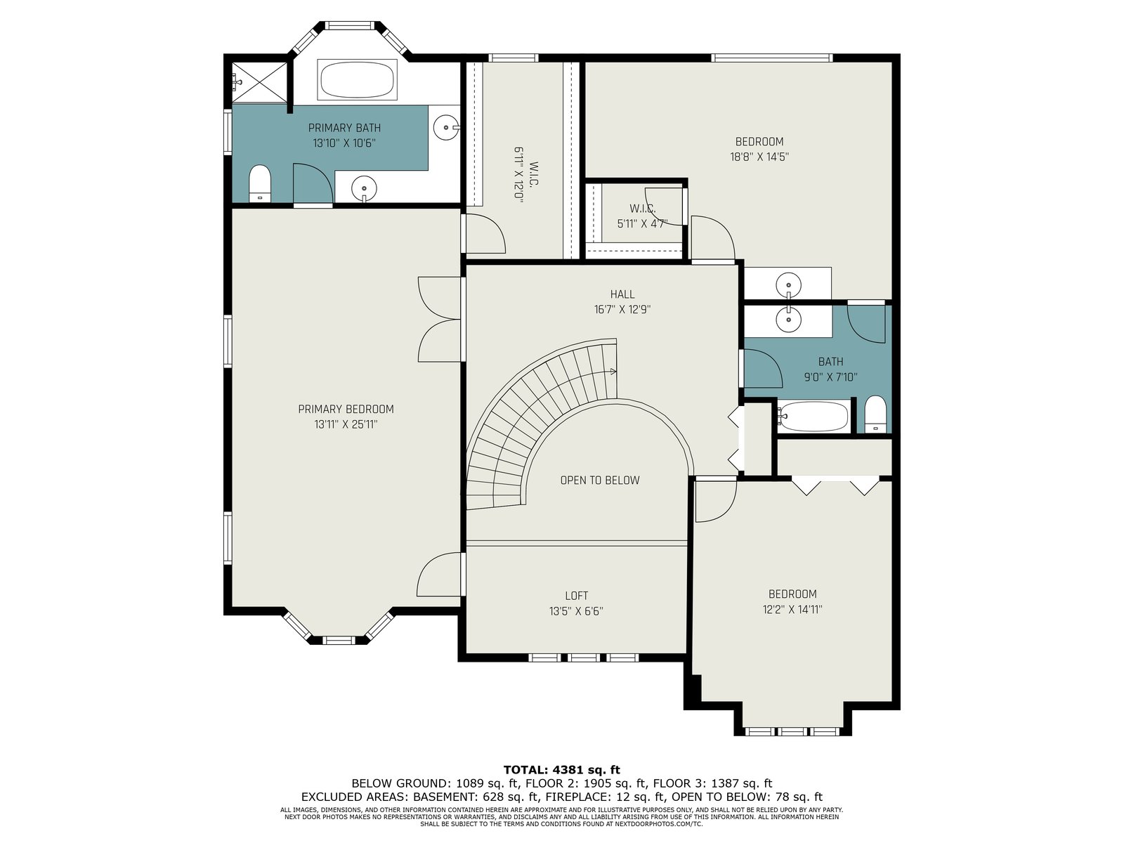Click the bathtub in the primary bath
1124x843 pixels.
click(x=357, y=79)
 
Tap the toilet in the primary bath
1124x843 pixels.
click(x=260, y=183)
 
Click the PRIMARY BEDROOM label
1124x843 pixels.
click(x=346, y=409)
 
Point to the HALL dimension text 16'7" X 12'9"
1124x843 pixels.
click(x=622, y=309)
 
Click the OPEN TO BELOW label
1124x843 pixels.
click(x=600, y=480)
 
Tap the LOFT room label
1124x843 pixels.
click(x=576, y=596)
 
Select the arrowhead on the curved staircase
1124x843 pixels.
click(x=613, y=372)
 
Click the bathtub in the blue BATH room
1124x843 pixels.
click(x=813, y=417)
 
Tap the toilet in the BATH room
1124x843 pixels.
click(x=875, y=414)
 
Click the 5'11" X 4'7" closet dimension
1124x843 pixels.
click(x=642, y=223)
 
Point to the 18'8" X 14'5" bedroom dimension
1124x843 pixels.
click(x=759, y=157)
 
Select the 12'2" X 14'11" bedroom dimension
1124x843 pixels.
click(x=792, y=609)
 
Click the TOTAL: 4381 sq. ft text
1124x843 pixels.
click(x=562, y=770)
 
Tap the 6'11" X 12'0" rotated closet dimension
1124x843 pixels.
click(x=518, y=175)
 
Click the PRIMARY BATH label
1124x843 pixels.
click(x=344, y=127)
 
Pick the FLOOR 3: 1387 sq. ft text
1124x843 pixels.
click(x=712, y=783)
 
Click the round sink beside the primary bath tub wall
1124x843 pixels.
click(x=446, y=127)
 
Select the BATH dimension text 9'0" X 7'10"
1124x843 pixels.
click(x=830, y=377)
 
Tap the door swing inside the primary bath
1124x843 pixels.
click(x=313, y=183)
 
